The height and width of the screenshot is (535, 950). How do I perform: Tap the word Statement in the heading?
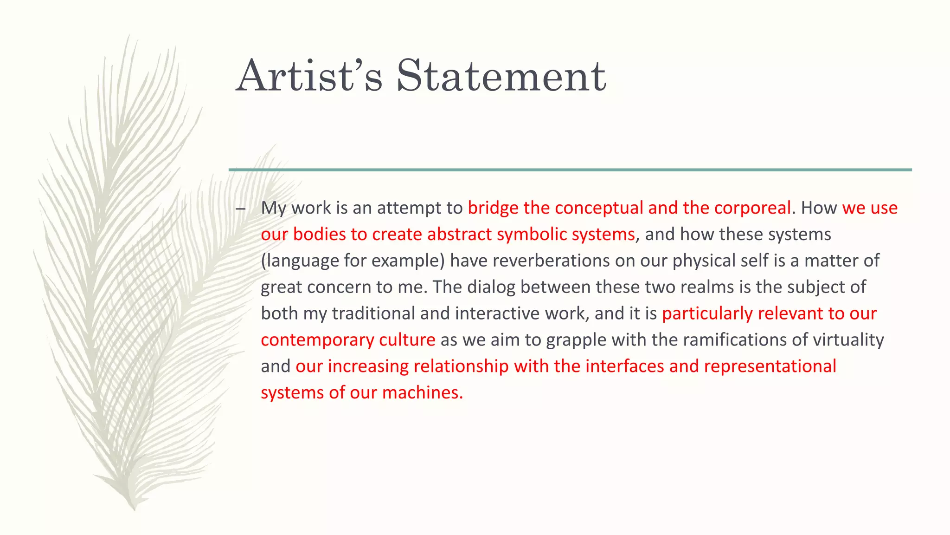pos(501,76)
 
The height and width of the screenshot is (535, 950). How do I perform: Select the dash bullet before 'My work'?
pos(240,209)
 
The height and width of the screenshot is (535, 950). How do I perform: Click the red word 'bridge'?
pos(493,208)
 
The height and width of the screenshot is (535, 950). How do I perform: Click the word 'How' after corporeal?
pos(819,208)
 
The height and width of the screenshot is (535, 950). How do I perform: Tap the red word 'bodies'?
pos(319,235)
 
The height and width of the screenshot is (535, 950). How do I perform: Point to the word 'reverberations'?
pos(551,261)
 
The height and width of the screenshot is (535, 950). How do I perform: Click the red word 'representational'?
pos(770,367)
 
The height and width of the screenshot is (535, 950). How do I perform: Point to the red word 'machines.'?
pos(422,393)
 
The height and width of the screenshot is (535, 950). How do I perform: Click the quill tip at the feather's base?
pos(133,506)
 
